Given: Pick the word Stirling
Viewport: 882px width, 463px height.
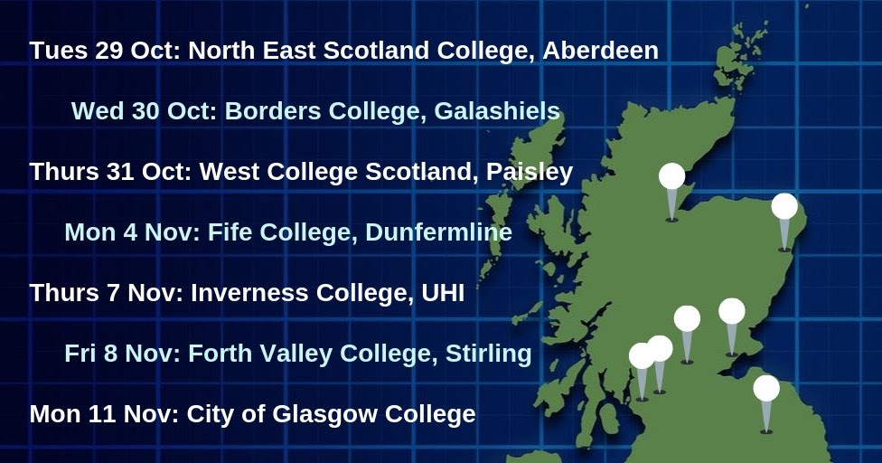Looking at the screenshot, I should [x=488, y=354].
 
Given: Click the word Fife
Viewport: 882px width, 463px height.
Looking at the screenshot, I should [x=230, y=232].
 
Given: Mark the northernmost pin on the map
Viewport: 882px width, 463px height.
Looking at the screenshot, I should [x=671, y=176].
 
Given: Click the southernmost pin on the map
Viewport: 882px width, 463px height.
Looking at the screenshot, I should [x=766, y=389].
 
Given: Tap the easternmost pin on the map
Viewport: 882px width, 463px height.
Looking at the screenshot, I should [x=784, y=206].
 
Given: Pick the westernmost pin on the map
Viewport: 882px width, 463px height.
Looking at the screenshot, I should [x=642, y=356].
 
